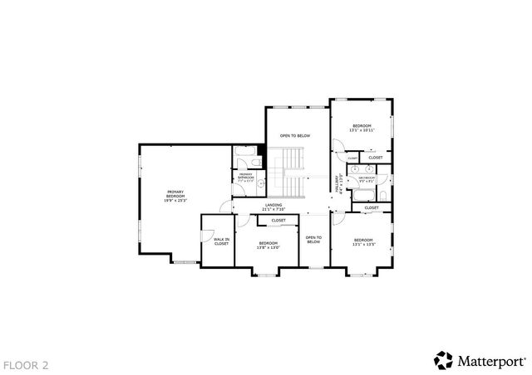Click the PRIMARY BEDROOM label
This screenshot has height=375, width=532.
[175, 193]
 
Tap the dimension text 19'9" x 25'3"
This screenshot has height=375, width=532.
[175, 200]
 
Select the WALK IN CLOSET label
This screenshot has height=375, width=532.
[221, 241]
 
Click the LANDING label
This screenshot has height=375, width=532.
[273, 204]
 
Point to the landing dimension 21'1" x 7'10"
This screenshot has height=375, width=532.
[273, 209]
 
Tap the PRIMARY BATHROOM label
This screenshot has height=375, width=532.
[246, 176]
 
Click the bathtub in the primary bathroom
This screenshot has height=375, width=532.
[246, 153]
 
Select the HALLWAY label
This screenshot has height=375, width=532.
[337, 184]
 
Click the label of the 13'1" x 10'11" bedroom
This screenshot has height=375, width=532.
[362, 125]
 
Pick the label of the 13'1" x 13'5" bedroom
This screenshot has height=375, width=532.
[364, 241]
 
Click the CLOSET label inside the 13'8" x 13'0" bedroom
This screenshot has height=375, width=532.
[278, 220]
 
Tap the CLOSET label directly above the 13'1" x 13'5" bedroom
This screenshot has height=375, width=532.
[372, 207]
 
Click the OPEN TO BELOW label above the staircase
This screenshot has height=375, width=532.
[295, 135]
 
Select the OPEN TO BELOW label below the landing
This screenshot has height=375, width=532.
[313, 240]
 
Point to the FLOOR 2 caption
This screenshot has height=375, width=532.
[26, 364]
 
